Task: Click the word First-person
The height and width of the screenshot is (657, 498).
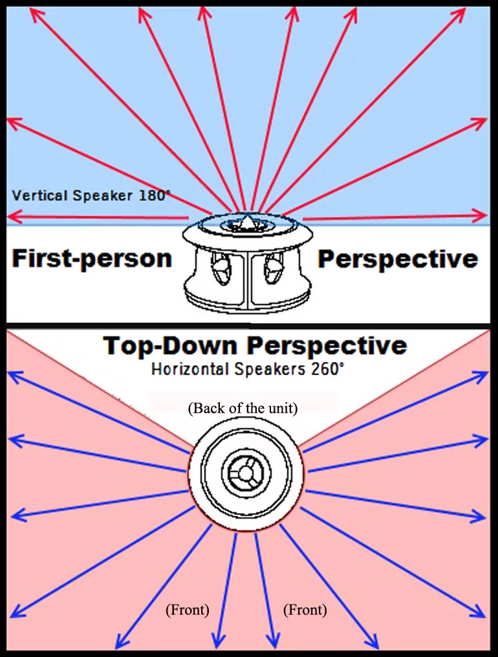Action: pyautogui.click(x=92, y=259)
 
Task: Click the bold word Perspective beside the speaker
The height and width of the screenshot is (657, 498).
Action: pyautogui.click(x=398, y=259)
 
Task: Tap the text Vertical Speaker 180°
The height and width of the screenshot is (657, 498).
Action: pyautogui.click(x=91, y=195)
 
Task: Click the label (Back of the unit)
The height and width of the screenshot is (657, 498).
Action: pyautogui.click(x=243, y=409)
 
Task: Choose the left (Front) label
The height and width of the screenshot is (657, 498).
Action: pyautogui.click(x=188, y=609)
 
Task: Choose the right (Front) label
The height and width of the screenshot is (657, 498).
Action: pyautogui.click(x=305, y=609)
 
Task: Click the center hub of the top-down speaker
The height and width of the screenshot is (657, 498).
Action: pyautogui.click(x=245, y=474)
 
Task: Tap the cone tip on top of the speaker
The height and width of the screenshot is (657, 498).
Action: pyautogui.click(x=245, y=222)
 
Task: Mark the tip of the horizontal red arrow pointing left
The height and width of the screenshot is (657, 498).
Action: pyautogui.click(x=9, y=217)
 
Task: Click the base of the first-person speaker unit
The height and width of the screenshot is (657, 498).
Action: pyautogui.click(x=244, y=301)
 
